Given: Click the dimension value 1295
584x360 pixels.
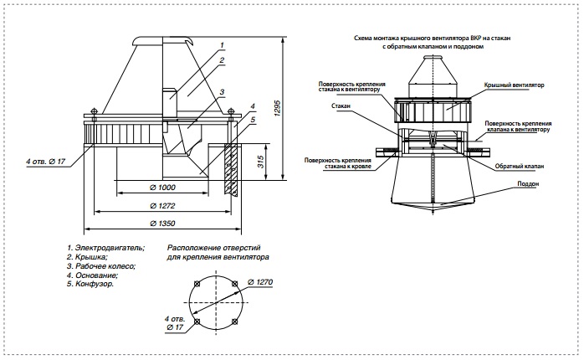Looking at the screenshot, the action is [279, 108].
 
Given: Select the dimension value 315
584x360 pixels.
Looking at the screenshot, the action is [261, 162].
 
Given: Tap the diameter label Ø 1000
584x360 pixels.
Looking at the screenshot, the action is [162, 188].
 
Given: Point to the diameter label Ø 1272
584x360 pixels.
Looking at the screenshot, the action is [162, 206].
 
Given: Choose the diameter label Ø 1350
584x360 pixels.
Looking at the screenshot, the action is [162, 224].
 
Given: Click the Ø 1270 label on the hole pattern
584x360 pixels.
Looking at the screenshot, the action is [260, 282].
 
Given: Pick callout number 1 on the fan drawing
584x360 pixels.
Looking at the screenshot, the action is [222, 45].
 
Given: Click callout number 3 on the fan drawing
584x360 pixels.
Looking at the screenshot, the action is [222, 92].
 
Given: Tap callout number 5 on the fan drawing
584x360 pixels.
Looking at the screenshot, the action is [253, 120].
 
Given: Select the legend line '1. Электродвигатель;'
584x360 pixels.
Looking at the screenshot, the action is [105, 248].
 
